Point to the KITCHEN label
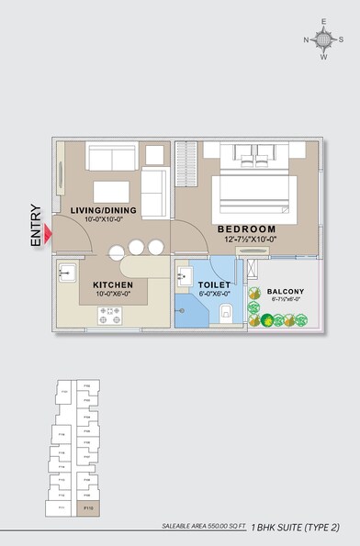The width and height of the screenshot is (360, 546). click(x=113, y=285)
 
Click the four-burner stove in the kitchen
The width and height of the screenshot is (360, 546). click(x=110, y=315)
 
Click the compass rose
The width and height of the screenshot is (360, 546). click(x=323, y=39)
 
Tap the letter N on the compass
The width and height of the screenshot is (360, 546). click(x=307, y=39)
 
